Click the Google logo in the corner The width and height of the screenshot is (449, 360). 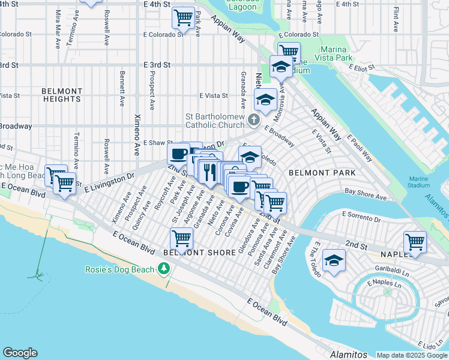point(20,353)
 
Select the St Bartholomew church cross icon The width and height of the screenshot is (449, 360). point(253,122)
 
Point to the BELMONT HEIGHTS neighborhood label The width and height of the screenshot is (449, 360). point(62,95)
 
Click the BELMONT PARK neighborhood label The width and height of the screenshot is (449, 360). point(322,173)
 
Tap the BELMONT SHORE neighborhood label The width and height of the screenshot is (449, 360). point(200,253)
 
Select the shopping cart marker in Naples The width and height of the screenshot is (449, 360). point(415,242)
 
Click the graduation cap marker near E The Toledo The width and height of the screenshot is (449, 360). point(334,261)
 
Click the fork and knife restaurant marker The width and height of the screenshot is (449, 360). point(209,172)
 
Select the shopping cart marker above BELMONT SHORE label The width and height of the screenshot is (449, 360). point(181,238)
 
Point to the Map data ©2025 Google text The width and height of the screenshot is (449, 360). point(412,355)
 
